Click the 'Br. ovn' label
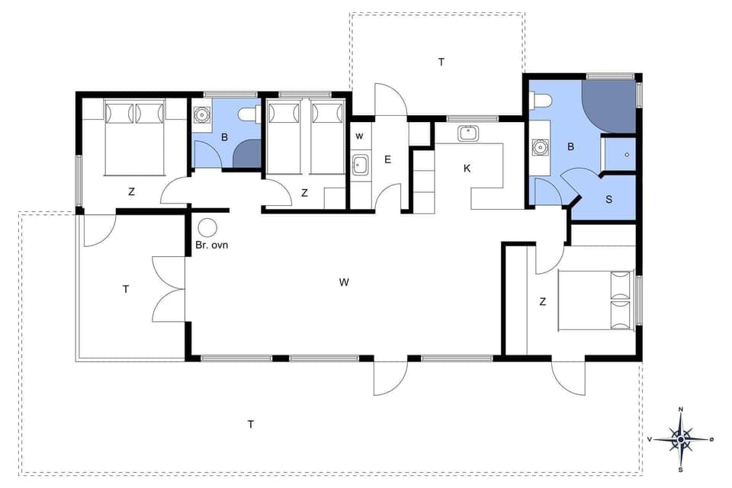pyautogui.click(x=212, y=246)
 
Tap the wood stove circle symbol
pyautogui.click(x=206, y=227)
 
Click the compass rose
pyautogui.click(x=680, y=438)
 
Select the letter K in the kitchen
pyautogui.click(x=467, y=168)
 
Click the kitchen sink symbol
pyautogui.click(x=467, y=133)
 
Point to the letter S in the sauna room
pyautogui.click(x=608, y=200)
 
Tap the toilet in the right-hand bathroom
pyautogui.click(x=542, y=101)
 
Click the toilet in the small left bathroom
pyautogui.click(x=248, y=115)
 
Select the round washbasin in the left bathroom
pyautogui.click(x=202, y=116)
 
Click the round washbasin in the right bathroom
pyautogui.click(x=541, y=146)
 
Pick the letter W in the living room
pyautogui.click(x=344, y=282)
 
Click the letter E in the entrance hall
pyautogui.click(x=387, y=159)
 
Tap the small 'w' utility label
pyautogui.click(x=359, y=136)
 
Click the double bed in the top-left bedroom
pyautogui.click(x=134, y=137)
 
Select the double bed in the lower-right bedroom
pyautogui.click(x=597, y=301)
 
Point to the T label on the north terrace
pyautogui.click(x=441, y=62)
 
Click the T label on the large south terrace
pyautogui.click(x=250, y=424)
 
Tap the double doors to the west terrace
pyautogui.click(x=169, y=288)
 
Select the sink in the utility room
pyautogui.click(x=361, y=164)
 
